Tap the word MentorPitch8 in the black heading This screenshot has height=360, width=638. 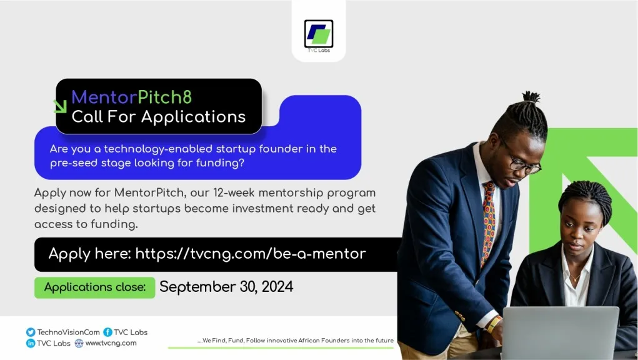[132, 97]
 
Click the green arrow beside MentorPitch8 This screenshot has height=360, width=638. [61, 106]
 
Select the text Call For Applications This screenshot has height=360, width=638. [158, 117]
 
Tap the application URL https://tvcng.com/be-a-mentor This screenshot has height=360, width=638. [251, 253]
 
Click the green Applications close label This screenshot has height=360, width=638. [95, 287]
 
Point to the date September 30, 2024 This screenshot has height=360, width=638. [226, 287]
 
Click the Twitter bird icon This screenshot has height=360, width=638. [31, 332]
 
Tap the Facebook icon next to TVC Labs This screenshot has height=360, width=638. [107, 332]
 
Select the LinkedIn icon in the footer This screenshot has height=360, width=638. [31, 343]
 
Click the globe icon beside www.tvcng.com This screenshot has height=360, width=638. [79, 343]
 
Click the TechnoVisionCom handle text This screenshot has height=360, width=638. [69, 332]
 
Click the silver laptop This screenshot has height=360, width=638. [560, 332]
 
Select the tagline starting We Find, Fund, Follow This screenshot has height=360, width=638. [295, 341]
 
